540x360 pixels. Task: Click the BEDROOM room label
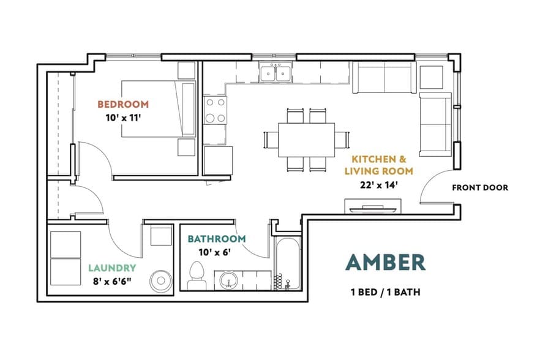coord(123,104)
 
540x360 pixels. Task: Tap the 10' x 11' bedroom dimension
coord(124,118)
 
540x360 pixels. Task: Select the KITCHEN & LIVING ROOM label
coord(379,165)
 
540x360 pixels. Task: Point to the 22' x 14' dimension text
coord(379,185)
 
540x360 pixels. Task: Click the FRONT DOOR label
coord(480,188)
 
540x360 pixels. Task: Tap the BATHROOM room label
coord(217,239)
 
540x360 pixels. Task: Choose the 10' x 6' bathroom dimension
coord(214,252)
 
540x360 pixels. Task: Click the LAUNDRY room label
coord(112,268)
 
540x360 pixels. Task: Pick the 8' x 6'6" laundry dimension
coord(112,282)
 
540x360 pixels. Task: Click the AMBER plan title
coord(385,263)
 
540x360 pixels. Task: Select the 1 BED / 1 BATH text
coord(385,292)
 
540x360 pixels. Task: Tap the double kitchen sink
coord(276,73)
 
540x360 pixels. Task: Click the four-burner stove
coord(216,110)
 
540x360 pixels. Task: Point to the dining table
coord(307,140)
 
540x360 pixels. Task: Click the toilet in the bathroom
coord(197,276)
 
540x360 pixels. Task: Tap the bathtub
coord(288,264)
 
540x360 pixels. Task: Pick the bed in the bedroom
coord(159,109)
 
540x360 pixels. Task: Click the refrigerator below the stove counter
coord(218,160)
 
